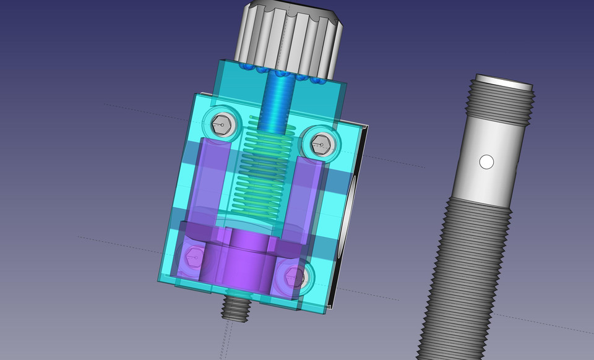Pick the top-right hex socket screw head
tap(321, 145)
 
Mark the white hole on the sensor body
tap(486, 162)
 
